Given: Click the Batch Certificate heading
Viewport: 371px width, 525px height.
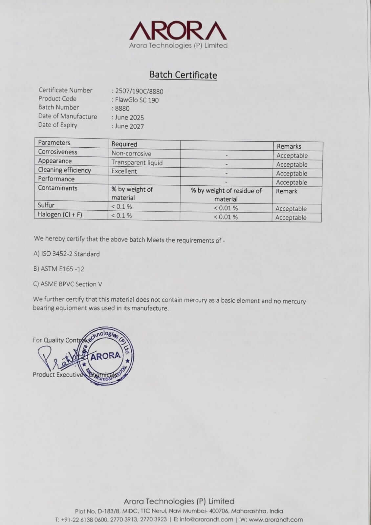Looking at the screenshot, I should pos(183,75).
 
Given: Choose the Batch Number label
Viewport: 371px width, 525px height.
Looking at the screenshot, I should pos(58,107).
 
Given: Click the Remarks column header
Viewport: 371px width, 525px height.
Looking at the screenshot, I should pos(289,146).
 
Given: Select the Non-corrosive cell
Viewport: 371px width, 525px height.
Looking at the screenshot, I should pos(131,154).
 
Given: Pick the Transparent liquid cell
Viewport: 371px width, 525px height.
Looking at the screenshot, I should pos(137,162).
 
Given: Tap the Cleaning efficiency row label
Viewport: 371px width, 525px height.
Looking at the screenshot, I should pos(64,170).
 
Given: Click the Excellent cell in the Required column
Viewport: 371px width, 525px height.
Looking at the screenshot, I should pos(124,171).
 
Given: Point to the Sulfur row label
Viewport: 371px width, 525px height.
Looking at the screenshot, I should pos(46,205).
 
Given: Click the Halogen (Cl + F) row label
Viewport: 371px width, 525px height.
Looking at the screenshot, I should pos(60,215).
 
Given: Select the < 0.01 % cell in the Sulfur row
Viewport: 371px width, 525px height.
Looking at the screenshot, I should pos(226,208).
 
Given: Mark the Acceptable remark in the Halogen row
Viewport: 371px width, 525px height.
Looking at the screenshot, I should pos(291,218).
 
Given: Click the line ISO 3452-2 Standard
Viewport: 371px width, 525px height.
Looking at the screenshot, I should pos(67,254).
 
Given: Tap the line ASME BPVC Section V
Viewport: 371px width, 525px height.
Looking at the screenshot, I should pos(68,284).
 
